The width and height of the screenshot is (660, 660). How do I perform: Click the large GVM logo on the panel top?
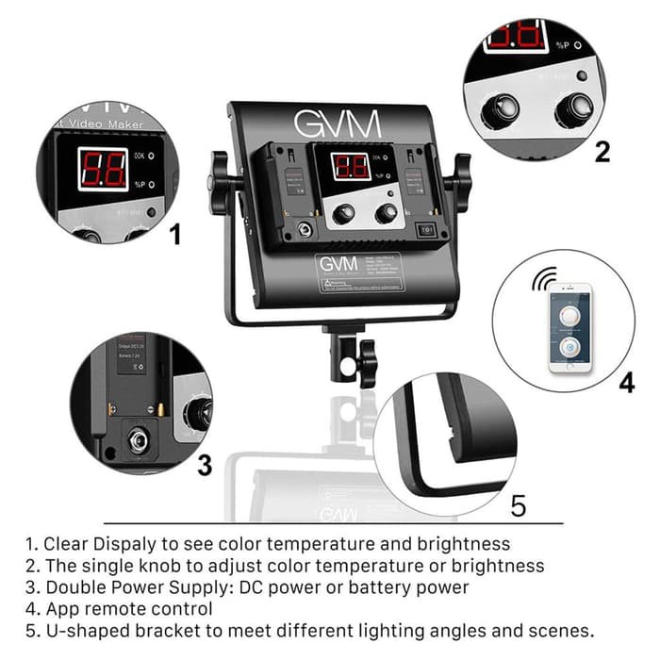point(337,124)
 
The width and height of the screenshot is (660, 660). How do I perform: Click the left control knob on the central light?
point(344,214)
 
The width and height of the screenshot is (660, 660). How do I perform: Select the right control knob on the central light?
point(386,214)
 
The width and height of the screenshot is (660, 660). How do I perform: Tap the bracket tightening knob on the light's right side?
point(460,179)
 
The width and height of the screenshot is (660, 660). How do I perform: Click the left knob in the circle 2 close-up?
point(499,111)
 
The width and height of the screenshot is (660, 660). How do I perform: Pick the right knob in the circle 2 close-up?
point(572,109)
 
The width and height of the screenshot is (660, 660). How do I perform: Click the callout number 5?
point(518,505)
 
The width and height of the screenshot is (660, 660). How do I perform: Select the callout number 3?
point(204,465)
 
